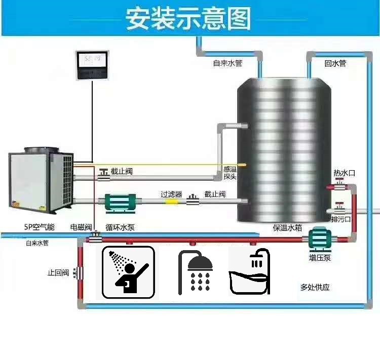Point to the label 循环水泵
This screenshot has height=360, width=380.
point(121,227)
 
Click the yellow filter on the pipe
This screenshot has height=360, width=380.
point(172,202)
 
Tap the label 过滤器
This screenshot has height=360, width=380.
point(171,194)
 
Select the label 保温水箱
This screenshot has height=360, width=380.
point(287,227)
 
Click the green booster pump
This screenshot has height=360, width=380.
point(320,237)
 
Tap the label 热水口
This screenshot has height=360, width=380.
point(344,173)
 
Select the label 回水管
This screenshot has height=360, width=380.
point(335,64)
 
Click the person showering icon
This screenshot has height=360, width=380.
point(129,272)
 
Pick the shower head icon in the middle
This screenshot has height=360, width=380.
point(196,272)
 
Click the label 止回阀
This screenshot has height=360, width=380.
point(58,273)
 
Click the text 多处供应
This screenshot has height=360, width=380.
point(315,287)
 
